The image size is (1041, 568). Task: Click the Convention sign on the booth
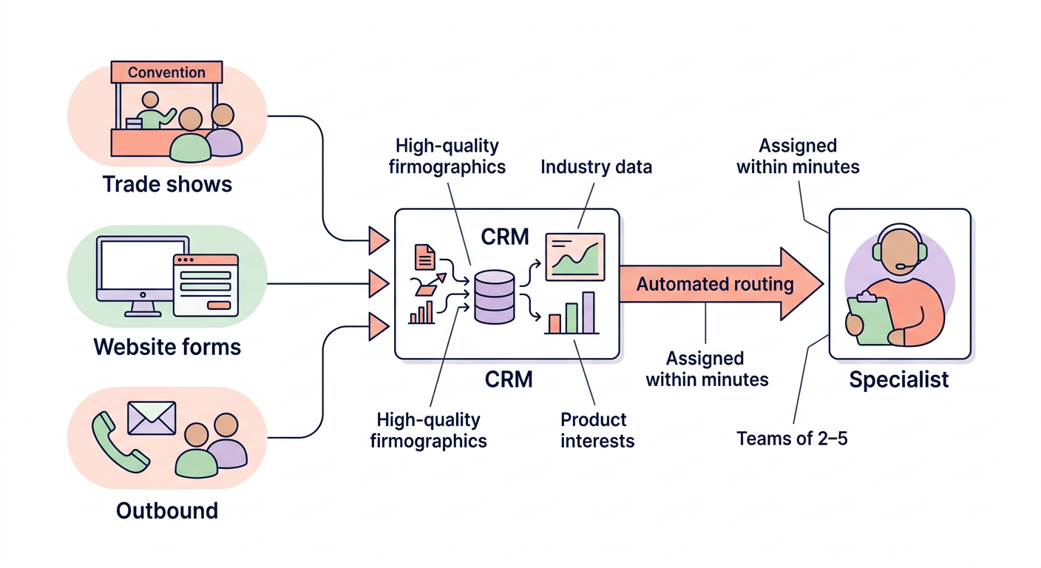166,72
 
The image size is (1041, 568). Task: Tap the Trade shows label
167,183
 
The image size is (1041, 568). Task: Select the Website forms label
167,346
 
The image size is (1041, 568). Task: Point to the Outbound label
167,510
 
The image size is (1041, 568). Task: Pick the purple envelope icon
152,418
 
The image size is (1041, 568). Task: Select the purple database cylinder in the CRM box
494,297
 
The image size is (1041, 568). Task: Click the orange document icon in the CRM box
425,257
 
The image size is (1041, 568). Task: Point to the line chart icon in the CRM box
574,257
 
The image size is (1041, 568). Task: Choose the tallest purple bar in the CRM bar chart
589,312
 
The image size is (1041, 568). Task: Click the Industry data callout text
596,166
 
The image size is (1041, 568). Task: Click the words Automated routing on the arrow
714,284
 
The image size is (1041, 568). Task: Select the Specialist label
898,380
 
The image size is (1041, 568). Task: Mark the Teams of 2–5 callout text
792,439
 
